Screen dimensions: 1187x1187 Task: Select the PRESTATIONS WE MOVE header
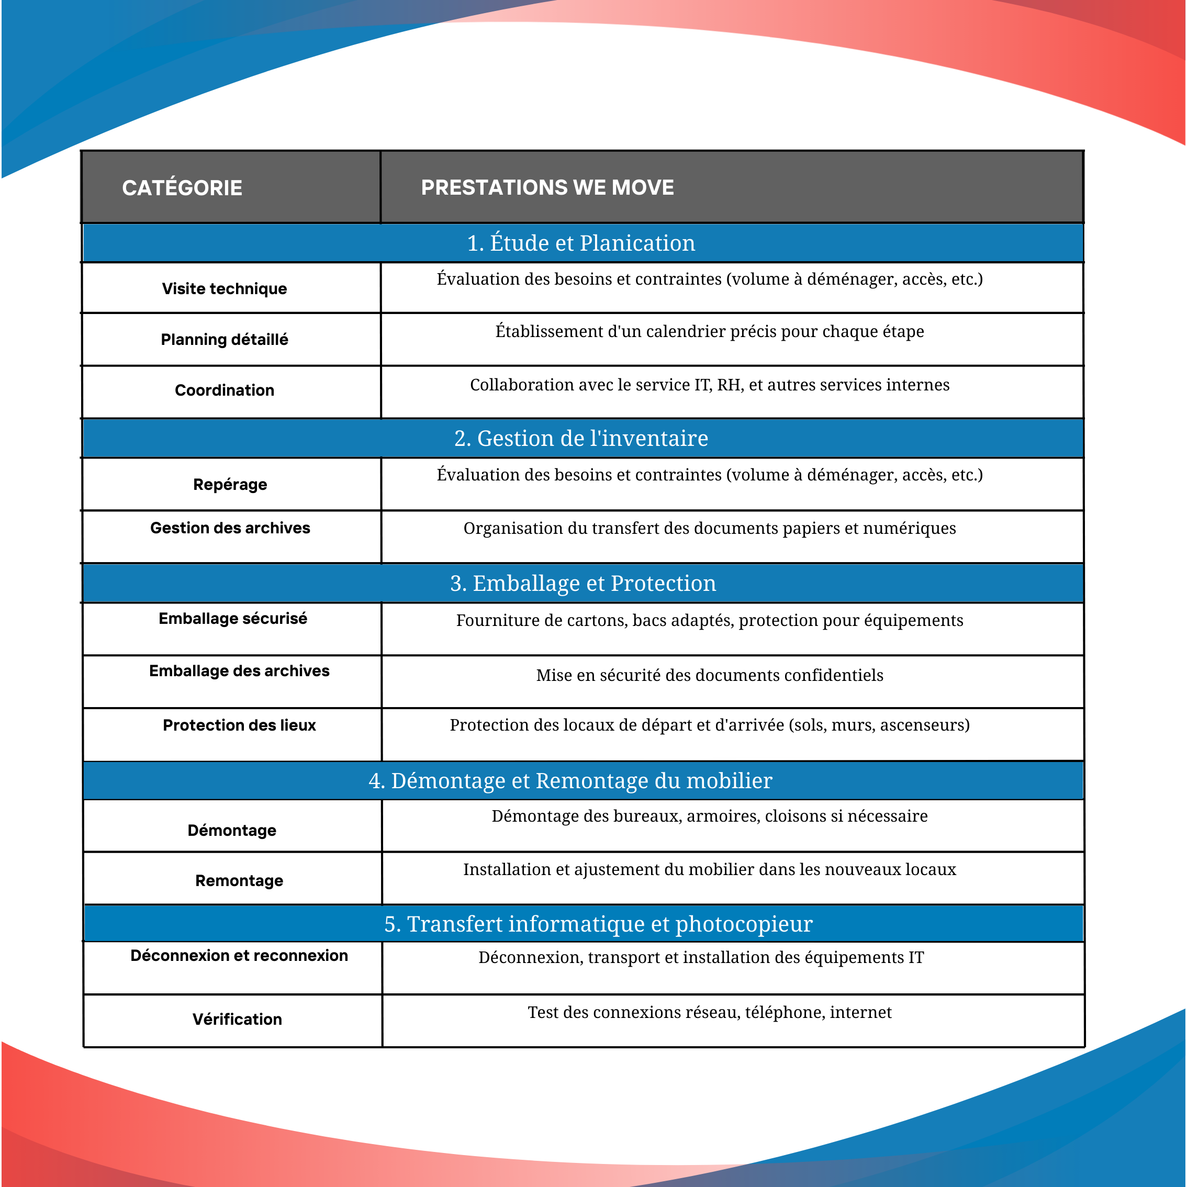547,187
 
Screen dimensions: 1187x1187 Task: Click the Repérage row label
230,485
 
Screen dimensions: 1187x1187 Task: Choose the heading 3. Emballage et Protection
583,584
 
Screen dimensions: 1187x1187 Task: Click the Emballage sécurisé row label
233,619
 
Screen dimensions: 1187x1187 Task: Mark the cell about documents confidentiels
709,676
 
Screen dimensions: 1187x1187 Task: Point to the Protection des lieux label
239,725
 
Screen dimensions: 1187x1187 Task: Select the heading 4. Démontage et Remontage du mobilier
570,781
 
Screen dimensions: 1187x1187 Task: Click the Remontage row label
239,881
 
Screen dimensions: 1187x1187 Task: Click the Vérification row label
237,1020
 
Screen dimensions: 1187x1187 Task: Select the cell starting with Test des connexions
709,1013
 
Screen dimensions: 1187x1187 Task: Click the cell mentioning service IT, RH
709,385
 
